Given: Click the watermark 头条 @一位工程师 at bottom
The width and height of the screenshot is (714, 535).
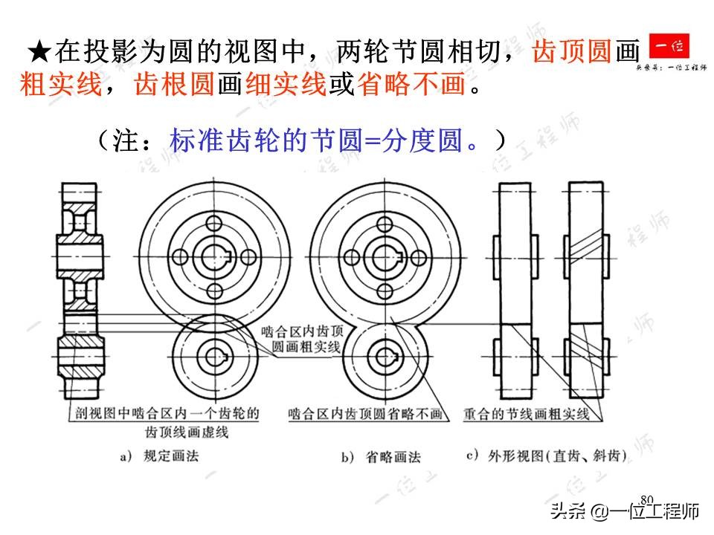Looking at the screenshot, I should click(x=625, y=512).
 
